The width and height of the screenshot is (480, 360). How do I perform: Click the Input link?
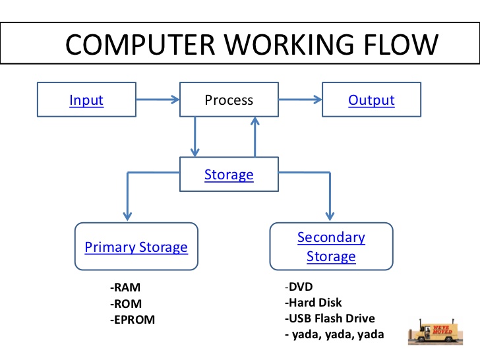(x=86, y=100)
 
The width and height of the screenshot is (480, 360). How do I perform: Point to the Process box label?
(x=229, y=100)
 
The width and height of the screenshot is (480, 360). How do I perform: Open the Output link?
(x=371, y=100)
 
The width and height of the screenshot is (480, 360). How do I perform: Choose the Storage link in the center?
(x=229, y=175)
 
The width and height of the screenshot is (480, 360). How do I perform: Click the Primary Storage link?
(x=136, y=247)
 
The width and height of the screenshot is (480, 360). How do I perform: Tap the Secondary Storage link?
(x=331, y=247)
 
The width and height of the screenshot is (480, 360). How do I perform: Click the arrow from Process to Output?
(x=299, y=100)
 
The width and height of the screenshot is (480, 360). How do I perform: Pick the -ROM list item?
(x=126, y=304)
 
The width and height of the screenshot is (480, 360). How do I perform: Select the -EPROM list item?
(x=133, y=320)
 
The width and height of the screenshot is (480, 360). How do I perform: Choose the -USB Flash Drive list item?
(x=330, y=319)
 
